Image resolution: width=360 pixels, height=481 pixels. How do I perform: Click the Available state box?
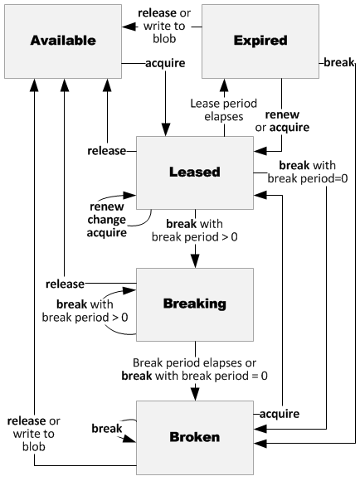point(63,40)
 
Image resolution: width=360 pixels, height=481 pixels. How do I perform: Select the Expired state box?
point(260,40)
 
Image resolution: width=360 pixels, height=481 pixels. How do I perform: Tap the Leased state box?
point(193,172)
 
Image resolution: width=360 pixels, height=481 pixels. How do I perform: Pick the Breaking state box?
point(193,304)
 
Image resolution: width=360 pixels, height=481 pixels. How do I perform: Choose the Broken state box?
point(193,435)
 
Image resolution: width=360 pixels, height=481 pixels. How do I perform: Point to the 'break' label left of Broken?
point(107,428)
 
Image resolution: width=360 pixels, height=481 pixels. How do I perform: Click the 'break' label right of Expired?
point(337,61)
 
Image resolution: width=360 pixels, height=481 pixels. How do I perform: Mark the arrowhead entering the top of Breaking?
point(195,261)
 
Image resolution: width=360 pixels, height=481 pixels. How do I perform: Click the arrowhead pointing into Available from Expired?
point(129,27)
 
